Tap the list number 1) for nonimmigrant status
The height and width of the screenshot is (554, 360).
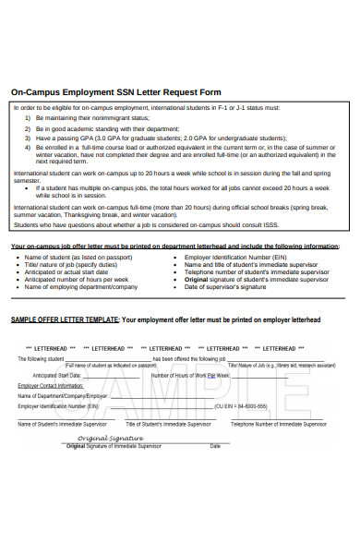27,118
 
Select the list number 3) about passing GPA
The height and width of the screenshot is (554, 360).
27,138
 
